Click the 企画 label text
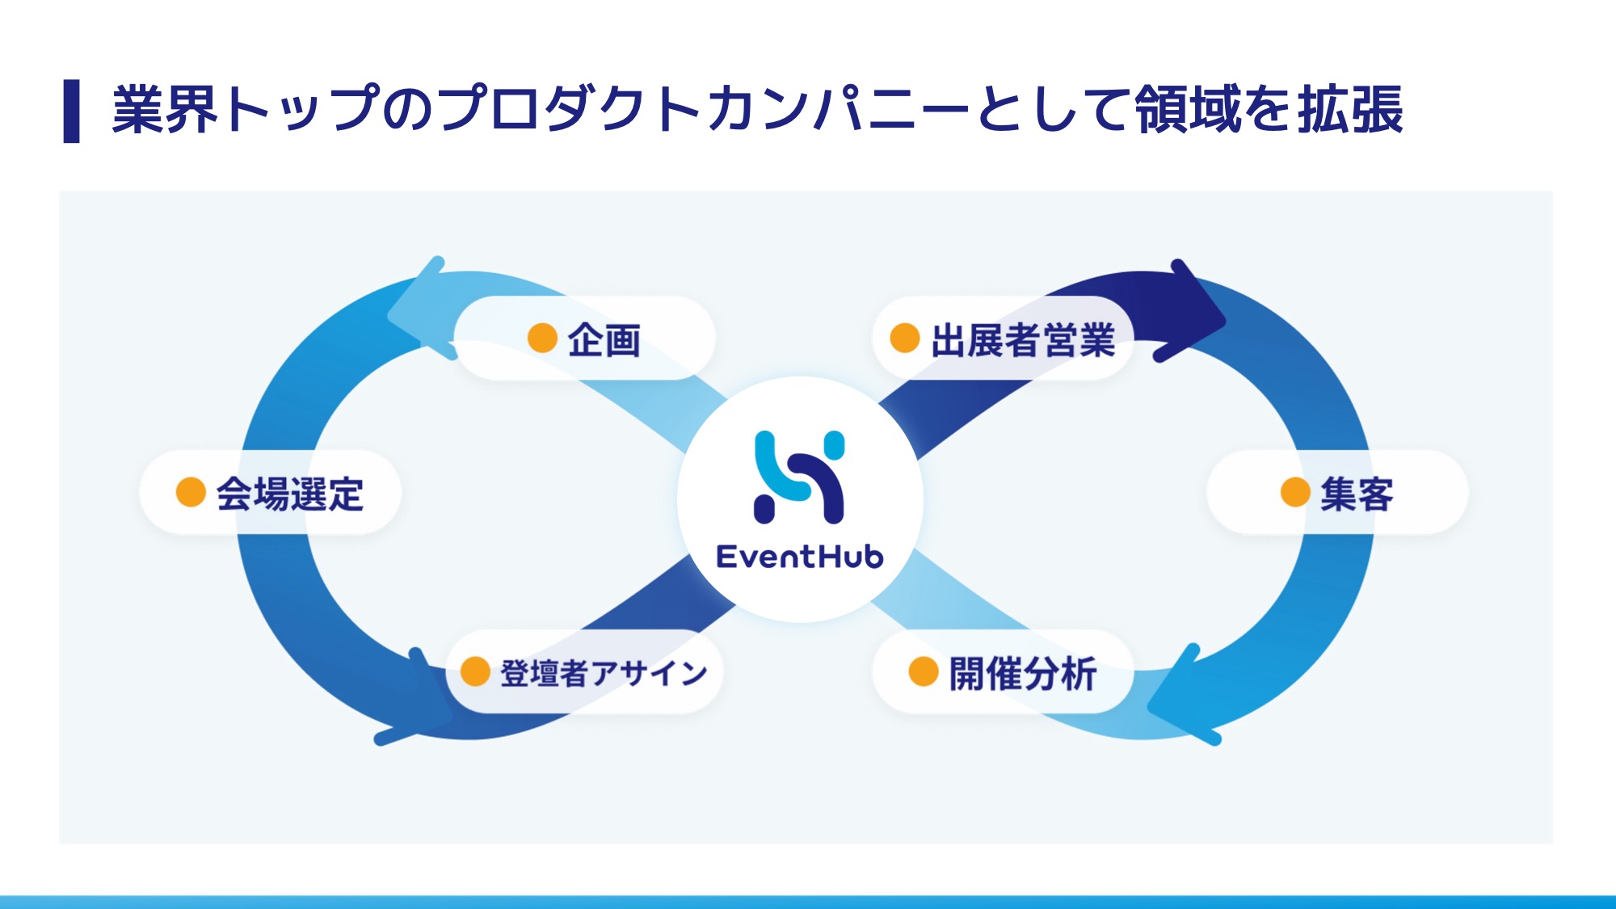[604, 340]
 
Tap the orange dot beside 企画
[542, 338]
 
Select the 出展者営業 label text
[1023, 340]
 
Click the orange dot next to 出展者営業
[904, 338]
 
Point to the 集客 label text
[1357, 494]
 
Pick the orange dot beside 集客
[1294, 492]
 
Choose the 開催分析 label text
[1023, 673]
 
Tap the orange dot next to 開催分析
[923, 671]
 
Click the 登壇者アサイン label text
[604, 673]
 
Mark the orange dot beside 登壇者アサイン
[475, 671]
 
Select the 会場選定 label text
[290, 494]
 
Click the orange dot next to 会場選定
[191, 492]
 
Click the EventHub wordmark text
[800, 557]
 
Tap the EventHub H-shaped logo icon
[799, 477]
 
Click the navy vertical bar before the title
[71, 111]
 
